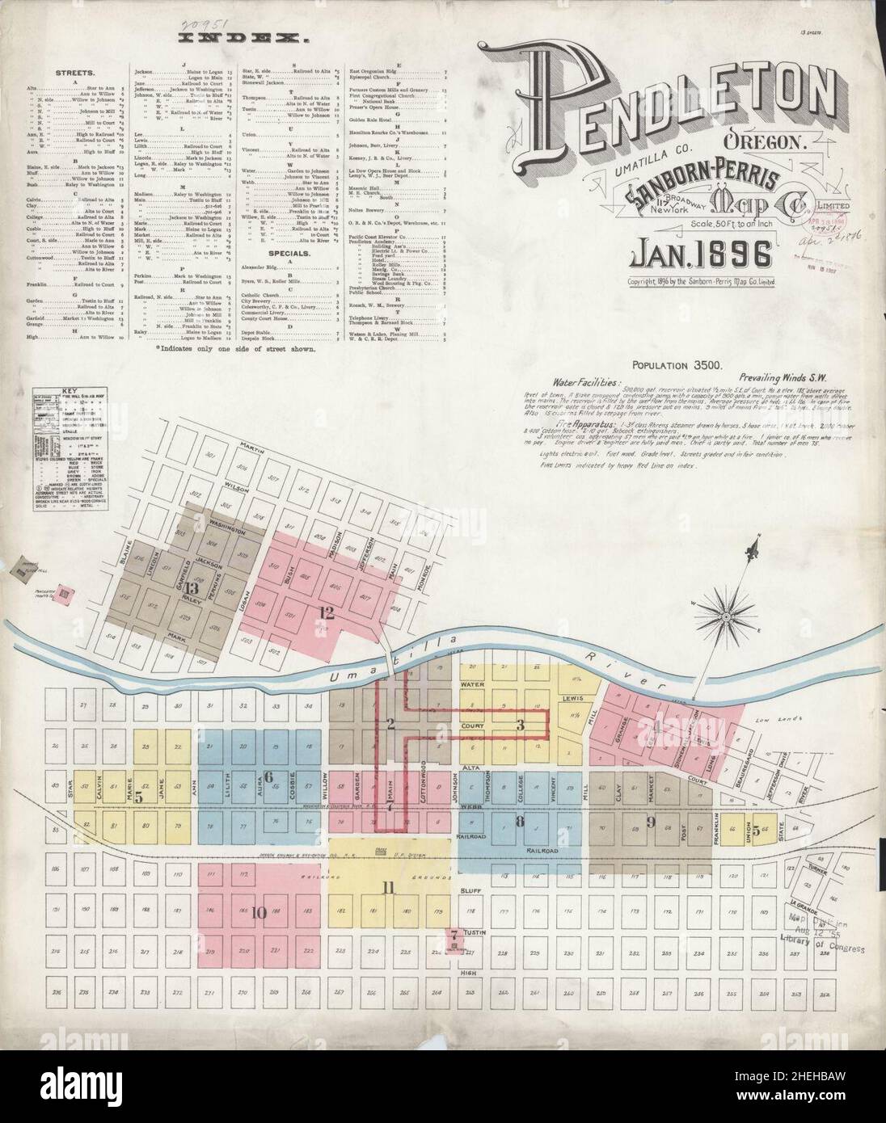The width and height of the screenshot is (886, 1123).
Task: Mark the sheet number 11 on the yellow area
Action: coord(389,889)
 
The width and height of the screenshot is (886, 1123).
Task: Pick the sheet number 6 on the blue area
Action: coord(269,776)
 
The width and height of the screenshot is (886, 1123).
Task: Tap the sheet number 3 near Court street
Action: coord(521,725)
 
